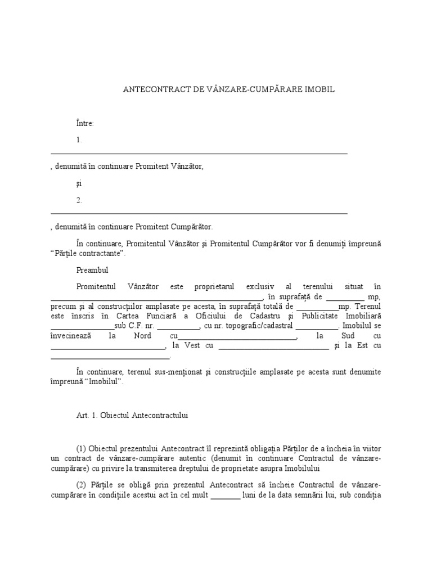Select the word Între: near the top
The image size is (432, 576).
coord(85,123)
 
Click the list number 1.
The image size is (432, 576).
coord(79,140)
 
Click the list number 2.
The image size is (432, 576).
coord(79,200)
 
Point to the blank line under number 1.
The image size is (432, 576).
coord(199,153)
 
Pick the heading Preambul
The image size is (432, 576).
coord(92,271)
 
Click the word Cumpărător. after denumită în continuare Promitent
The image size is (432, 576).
coord(192,227)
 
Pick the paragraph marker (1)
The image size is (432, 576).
coord(81,448)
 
